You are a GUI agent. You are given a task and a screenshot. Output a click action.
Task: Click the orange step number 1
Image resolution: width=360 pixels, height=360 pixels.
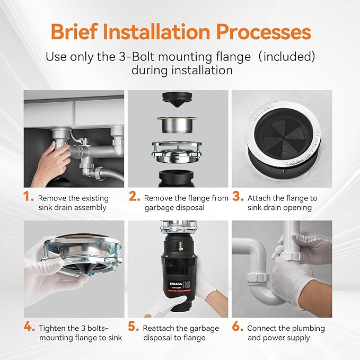[x=28, y=197]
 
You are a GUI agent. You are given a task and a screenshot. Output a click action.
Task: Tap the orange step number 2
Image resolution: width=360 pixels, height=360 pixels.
[x=134, y=197]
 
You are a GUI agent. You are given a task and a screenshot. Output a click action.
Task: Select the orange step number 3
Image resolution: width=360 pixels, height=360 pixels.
[x=238, y=197]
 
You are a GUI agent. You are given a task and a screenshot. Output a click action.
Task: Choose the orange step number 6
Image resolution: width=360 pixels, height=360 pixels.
[x=238, y=327]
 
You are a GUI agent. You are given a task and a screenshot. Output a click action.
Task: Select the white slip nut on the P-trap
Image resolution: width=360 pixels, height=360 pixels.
[x=256, y=277]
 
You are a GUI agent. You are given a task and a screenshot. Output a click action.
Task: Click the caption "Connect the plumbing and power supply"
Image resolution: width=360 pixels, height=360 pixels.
[x=286, y=332]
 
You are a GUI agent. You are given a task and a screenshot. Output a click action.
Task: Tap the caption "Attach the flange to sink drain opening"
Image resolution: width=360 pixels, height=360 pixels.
[x=282, y=203]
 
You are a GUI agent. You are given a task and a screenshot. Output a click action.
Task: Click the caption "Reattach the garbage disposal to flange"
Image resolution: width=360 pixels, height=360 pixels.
[x=181, y=333]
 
